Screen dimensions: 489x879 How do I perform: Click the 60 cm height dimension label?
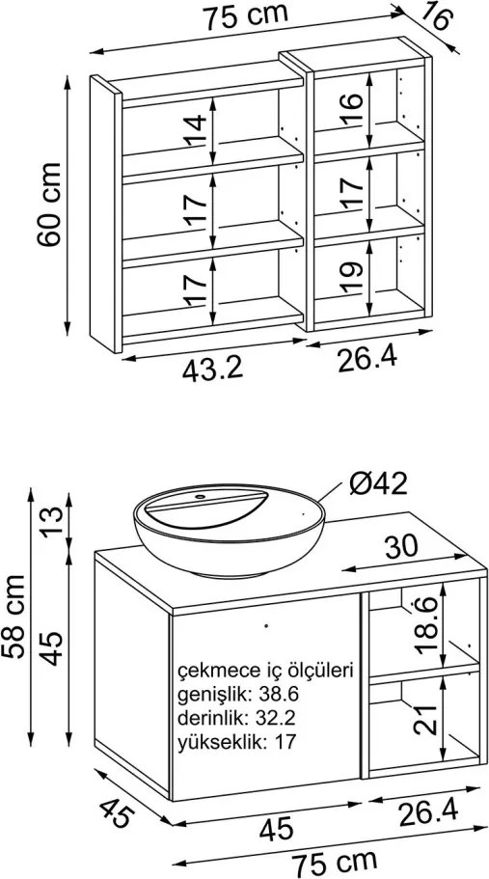click(49, 204)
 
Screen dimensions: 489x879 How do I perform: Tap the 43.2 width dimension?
click(212, 370)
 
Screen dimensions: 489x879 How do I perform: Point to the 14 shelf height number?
click(196, 131)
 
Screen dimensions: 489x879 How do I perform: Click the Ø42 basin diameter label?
click(377, 483)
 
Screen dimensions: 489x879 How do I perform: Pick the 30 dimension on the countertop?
click(401, 546)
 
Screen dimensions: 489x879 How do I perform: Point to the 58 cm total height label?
click(14, 617)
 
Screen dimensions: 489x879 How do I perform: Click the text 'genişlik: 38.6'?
click(238, 695)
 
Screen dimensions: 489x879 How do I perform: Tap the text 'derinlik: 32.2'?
click(237, 718)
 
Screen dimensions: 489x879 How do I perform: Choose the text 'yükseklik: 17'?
click(235, 743)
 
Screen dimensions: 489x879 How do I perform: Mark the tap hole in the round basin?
click(200, 497)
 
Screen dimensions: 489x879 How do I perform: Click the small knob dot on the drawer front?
click(266, 624)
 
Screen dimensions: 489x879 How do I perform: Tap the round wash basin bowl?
click(230, 530)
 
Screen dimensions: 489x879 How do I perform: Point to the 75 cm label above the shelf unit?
click(245, 16)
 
